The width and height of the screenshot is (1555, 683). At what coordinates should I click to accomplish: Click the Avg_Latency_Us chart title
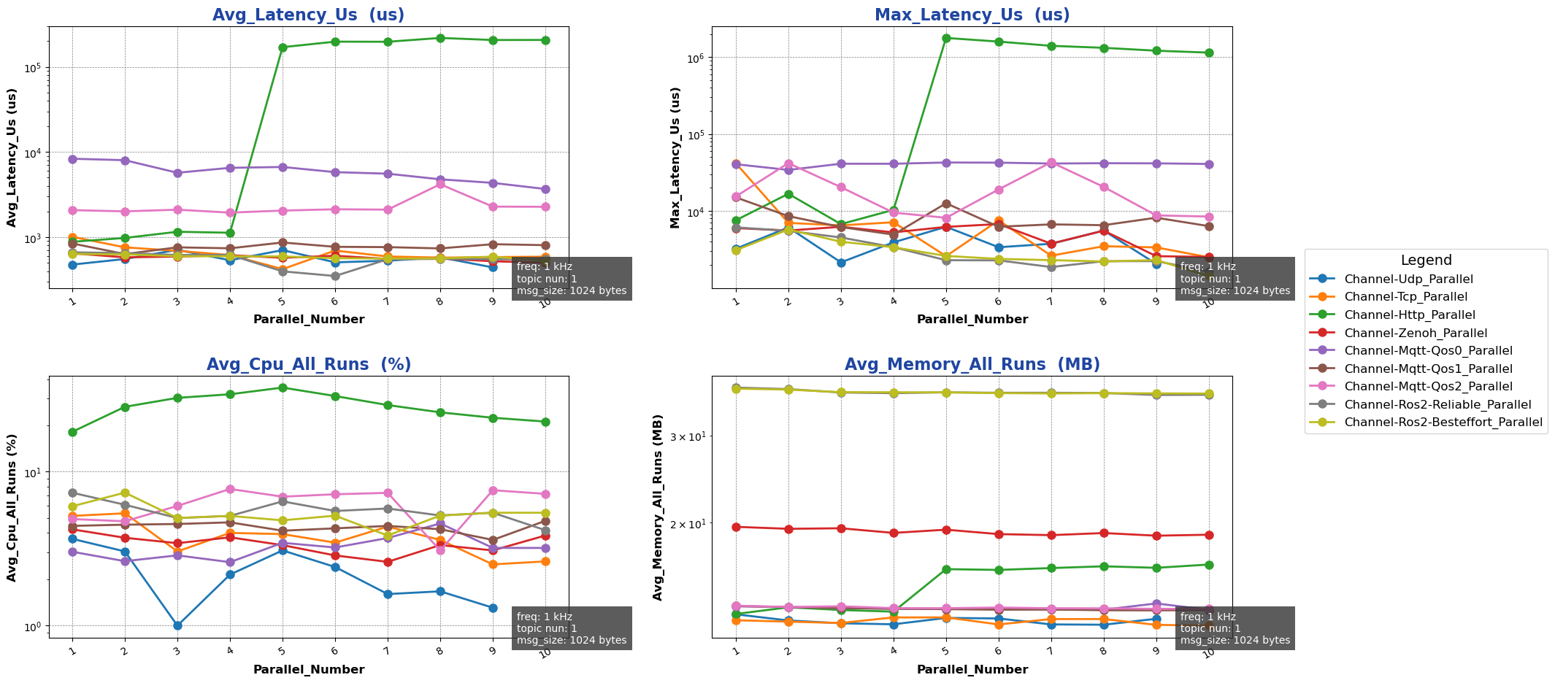click(x=308, y=15)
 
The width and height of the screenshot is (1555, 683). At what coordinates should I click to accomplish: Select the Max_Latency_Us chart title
click(x=972, y=15)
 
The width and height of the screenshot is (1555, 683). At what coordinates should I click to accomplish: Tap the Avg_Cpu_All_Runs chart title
click(x=308, y=365)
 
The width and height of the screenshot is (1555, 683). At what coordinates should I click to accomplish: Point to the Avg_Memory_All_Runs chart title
click(x=972, y=365)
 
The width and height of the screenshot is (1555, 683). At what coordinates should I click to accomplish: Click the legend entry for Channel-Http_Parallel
click(x=1409, y=315)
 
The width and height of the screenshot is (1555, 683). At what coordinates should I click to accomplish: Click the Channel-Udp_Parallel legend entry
click(x=1408, y=279)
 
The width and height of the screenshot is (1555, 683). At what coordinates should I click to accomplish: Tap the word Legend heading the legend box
click(x=1426, y=261)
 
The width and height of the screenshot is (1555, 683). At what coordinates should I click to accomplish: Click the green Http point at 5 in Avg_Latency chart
click(x=283, y=47)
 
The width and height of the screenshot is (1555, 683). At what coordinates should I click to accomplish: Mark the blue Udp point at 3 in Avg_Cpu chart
click(x=177, y=625)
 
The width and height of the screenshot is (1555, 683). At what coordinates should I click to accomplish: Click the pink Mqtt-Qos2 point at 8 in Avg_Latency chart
click(x=440, y=184)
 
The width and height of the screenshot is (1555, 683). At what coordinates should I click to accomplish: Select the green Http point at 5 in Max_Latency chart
click(x=946, y=38)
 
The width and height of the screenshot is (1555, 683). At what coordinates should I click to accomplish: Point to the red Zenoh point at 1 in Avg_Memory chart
click(x=736, y=527)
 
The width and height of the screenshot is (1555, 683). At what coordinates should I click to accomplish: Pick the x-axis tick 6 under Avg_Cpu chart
click(x=334, y=649)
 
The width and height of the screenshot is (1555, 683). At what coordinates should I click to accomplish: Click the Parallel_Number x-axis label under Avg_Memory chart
click(x=972, y=669)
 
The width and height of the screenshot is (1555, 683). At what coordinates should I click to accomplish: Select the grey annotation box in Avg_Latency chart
click(x=572, y=279)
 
